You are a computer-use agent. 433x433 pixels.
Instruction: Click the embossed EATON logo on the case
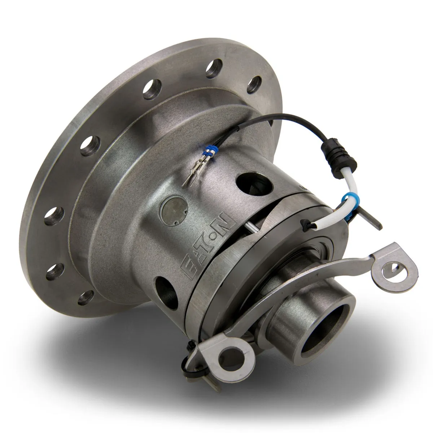(x=207, y=245)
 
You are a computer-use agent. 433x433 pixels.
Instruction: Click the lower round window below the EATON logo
(x=166, y=290)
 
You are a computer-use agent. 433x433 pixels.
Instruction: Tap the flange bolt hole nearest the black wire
(x=255, y=84)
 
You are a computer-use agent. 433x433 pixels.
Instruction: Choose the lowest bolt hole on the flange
(x=85, y=297)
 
